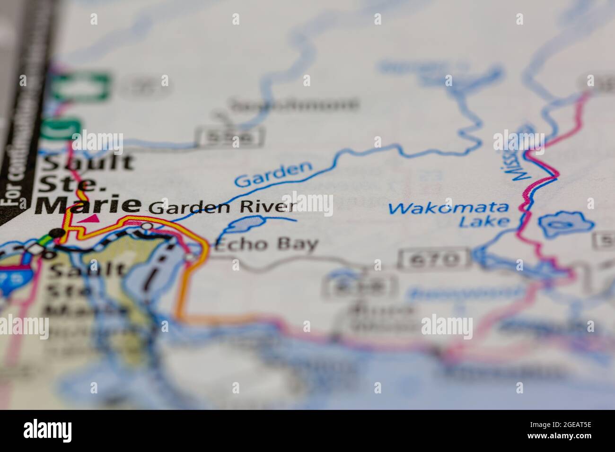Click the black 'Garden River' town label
click(x=223, y=207)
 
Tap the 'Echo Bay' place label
click(x=266, y=244)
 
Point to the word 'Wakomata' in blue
click(x=448, y=208)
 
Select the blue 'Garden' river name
click(x=274, y=174)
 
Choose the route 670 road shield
click(x=435, y=259)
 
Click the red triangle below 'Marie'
click(x=92, y=218)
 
